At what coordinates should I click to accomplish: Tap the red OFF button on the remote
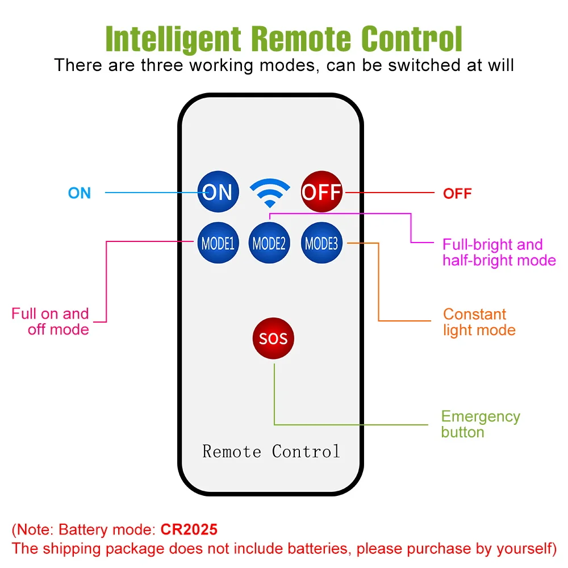click(x=321, y=191)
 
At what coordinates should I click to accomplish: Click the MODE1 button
click(x=218, y=243)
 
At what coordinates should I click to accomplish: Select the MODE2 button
click(x=269, y=243)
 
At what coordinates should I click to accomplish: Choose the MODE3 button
click(x=321, y=243)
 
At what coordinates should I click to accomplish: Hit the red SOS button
click(x=273, y=339)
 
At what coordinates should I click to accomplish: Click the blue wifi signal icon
click(x=270, y=193)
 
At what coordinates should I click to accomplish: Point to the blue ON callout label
click(x=80, y=193)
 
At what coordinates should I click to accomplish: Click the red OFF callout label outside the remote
click(x=457, y=194)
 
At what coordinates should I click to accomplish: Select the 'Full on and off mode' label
click(x=51, y=321)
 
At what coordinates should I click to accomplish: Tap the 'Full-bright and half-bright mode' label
click(x=499, y=253)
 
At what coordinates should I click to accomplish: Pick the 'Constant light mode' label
click(x=479, y=322)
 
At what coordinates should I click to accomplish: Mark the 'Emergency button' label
click(x=481, y=424)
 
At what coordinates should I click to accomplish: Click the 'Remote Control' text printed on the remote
click(x=271, y=452)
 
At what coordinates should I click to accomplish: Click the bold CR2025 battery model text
click(x=189, y=529)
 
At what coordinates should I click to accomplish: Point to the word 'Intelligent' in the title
click(x=173, y=39)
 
